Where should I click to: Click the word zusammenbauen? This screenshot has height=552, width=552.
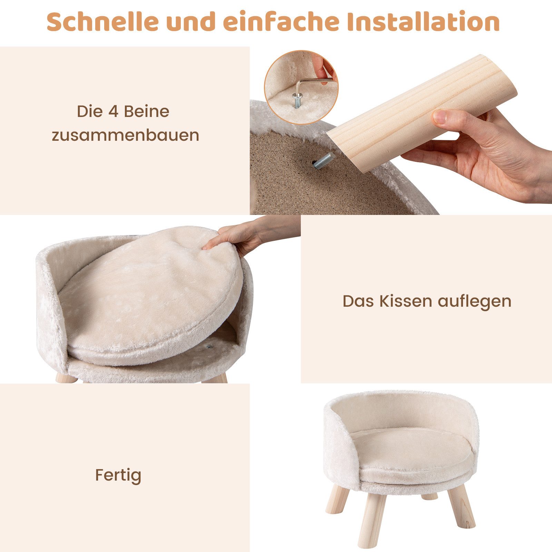126,135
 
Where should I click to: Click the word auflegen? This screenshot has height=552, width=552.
475,301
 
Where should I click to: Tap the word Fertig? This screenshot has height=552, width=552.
118,475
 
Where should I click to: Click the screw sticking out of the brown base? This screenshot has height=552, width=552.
323,161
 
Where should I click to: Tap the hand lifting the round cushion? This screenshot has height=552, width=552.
238,238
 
